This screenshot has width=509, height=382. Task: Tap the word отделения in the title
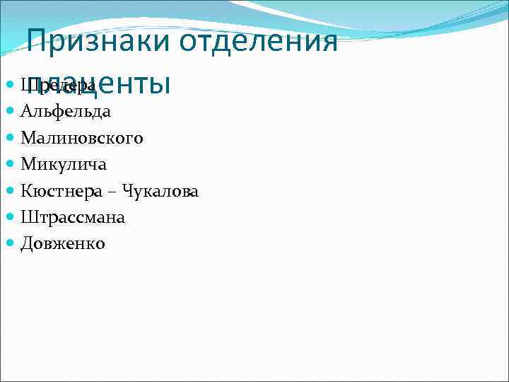258,42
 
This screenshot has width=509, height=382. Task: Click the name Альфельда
66,111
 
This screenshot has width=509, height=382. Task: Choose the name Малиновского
82,137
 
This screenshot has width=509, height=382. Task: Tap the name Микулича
64,164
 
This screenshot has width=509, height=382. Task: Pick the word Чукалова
160,190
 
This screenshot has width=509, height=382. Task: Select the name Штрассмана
73,217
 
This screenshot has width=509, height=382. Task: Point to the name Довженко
63,243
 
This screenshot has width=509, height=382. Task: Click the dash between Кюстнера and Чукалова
117,192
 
